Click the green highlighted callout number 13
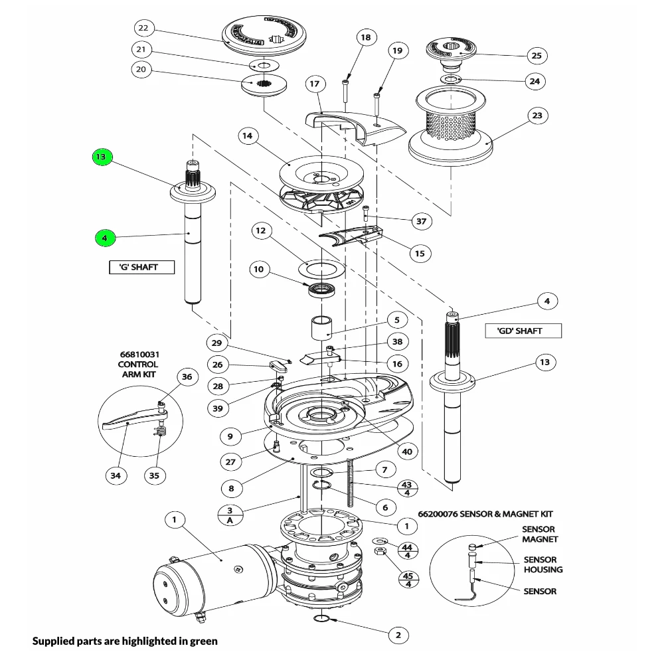[100, 157]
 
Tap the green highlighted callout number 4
[104, 237]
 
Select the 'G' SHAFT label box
[141, 268]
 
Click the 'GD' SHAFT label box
[519, 331]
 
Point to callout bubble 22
[143, 28]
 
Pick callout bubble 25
[535, 55]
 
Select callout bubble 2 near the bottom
[398, 635]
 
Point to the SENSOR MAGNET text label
[539, 535]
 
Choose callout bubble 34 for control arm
[116, 475]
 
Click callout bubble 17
[314, 84]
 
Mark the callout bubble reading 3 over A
[230, 515]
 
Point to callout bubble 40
[406, 451]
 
